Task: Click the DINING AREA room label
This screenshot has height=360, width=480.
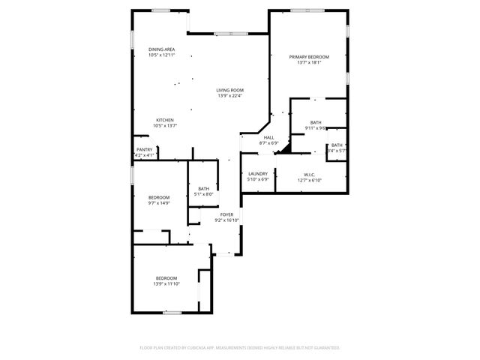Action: point(161,49)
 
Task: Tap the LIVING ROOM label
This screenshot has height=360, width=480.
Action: point(230,91)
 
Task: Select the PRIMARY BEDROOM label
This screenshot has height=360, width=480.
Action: point(309,57)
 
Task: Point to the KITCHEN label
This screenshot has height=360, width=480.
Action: point(165,120)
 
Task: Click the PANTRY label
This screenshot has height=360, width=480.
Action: point(144,150)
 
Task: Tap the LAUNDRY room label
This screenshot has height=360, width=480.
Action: point(257,174)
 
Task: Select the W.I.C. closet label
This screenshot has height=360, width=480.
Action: point(309,174)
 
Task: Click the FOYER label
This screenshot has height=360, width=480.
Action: point(226,214)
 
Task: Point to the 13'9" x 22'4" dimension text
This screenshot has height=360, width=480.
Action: point(230,96)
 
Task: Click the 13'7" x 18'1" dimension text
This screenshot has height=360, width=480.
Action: point(309,63)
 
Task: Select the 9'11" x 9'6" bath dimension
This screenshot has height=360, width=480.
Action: point(316,128)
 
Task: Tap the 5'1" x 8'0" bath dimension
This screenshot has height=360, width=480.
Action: point(204,194)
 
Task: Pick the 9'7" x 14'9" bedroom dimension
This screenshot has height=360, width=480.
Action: point(159,202)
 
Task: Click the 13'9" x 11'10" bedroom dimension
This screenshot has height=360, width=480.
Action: point(166,283)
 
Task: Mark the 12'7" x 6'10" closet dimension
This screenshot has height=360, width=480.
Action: point(309,180)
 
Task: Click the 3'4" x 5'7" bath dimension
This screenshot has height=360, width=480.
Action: point(336,151)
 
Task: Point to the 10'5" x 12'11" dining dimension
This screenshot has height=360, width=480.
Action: point(161,55)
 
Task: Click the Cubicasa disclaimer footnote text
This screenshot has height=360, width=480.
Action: point(240,348)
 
